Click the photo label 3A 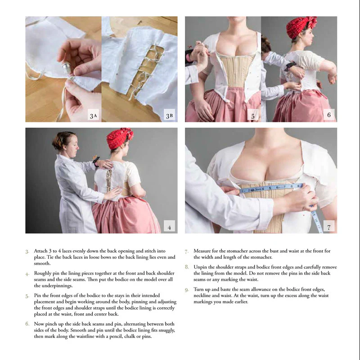click(x=93, y=116)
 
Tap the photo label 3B click(x=169, y=116)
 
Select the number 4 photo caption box click(x=169, y=227)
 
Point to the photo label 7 click(x=329, y=227)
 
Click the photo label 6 click(x=329, y=116)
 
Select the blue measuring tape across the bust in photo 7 click(x=270, y=188)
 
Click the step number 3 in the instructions click(x=27, y=251)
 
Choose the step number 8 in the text click(x=187, y=267)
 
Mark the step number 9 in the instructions click(x=187, y=289)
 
